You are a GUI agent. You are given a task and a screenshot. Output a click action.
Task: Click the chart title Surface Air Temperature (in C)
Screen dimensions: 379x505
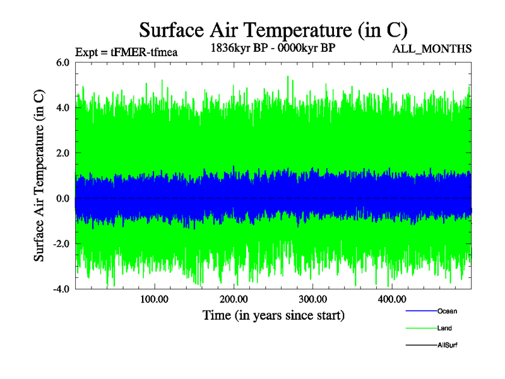(273, 30)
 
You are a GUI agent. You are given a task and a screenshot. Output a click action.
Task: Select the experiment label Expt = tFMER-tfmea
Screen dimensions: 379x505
(126, 52)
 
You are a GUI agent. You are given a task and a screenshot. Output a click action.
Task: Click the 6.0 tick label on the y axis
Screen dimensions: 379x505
(63, 62)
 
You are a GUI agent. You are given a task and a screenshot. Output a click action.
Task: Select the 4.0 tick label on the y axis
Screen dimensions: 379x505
(63, 107)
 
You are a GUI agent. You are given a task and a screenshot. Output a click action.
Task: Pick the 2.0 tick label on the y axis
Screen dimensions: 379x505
(63, 153)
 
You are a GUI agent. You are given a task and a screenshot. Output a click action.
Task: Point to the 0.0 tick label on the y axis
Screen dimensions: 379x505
(63, 198)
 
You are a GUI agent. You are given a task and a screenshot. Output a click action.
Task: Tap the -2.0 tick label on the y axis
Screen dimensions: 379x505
(61, 244)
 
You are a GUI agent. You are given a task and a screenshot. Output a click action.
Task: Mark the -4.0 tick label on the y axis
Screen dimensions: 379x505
(61, 289)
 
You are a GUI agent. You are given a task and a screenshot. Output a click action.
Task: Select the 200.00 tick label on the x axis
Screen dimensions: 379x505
(234, 299)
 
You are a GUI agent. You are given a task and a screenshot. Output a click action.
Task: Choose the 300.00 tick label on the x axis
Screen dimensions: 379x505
(312, 299)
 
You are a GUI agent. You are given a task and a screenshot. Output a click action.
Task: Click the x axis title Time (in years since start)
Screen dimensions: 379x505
(273, 315)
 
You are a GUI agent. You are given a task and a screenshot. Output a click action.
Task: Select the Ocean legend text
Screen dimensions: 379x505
(447, 311)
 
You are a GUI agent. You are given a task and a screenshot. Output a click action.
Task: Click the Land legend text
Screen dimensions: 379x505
(444, 328)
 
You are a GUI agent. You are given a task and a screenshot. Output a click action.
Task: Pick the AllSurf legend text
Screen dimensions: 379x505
(448, 345)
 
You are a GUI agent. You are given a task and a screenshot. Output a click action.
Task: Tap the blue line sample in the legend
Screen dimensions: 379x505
(420, 311)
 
